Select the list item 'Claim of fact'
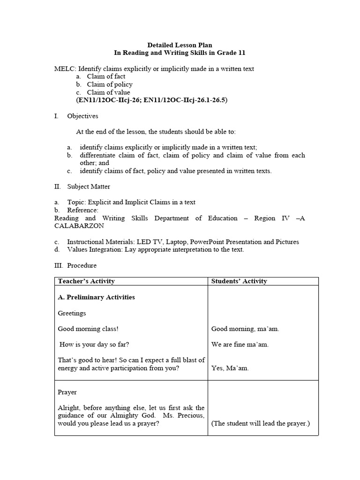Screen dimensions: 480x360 106,76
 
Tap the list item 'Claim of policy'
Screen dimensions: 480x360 110,84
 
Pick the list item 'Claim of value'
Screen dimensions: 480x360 108,92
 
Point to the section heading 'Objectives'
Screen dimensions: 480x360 82,116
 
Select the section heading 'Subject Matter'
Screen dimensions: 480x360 89,187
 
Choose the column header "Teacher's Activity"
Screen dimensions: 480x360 86,281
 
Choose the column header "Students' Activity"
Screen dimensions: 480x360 239,281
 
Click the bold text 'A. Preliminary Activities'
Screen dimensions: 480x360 96,297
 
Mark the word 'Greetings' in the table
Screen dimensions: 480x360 72,313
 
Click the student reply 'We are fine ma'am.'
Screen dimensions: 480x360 240,345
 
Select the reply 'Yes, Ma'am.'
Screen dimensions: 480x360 230,368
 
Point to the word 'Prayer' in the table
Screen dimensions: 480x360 67,392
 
